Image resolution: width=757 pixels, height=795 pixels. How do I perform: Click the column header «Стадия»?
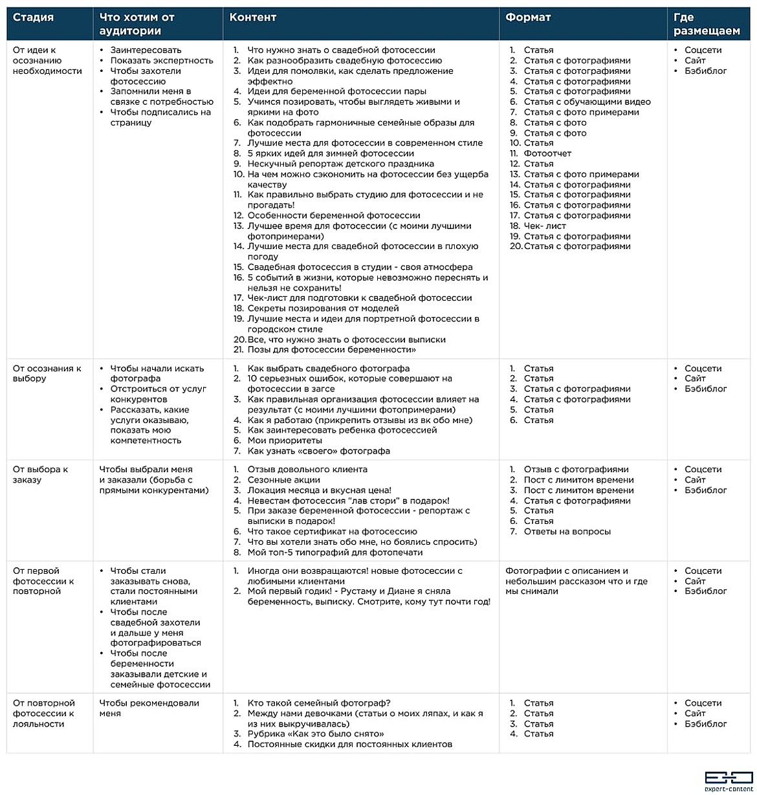click(x=33, y=17)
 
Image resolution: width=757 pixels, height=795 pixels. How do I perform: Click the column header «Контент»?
click(x=252, y=17)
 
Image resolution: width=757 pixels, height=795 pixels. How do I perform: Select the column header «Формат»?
click(x=528, y=17)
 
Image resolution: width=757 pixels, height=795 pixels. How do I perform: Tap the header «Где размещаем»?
click(x=707, y=24)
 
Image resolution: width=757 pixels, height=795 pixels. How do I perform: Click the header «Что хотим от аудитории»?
click(x=137, y=24)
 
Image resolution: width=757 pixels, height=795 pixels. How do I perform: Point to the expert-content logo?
click(x=729, y=780)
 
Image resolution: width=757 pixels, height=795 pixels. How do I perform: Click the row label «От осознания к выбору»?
click(x=47, y=373)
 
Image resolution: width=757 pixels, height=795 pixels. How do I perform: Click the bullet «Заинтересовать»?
click(x=146, y=50)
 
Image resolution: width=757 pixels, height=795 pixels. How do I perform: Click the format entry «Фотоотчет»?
click(x=547, y=153)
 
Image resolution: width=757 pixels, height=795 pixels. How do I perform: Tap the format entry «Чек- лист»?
click(x=545, y=226)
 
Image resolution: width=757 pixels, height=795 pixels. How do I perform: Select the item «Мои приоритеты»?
click(x=285, y=441)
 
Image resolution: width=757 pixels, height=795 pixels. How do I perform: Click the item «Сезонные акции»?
click(x=283, y=480)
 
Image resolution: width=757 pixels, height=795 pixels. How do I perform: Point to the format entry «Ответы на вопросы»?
click(x=567, y=532)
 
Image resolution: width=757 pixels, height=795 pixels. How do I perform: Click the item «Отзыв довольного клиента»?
click(x=307, y=470)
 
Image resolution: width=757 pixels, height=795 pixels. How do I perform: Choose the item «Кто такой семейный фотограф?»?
click(x=319, y=703)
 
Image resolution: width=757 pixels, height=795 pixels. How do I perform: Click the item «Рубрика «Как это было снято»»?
click(x=316, y=734)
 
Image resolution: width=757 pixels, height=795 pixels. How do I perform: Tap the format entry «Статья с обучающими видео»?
click(x=587, y=102)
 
